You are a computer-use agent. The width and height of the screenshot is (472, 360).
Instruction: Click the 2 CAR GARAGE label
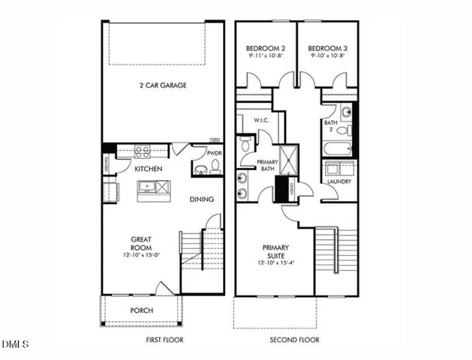tap(162, 85)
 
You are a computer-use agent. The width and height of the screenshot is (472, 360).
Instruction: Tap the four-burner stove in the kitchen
tap(142, 151)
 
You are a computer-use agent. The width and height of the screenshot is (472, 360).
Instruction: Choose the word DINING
tap(202, 199)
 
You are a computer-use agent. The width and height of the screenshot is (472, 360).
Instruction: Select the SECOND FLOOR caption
tap(294, 340)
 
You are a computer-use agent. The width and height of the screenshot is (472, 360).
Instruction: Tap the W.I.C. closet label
tap(261, 120)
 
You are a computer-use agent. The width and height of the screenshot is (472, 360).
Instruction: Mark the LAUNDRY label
tap(339, 181)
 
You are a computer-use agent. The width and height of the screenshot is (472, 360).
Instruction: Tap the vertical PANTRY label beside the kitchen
tap(106, 164)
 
